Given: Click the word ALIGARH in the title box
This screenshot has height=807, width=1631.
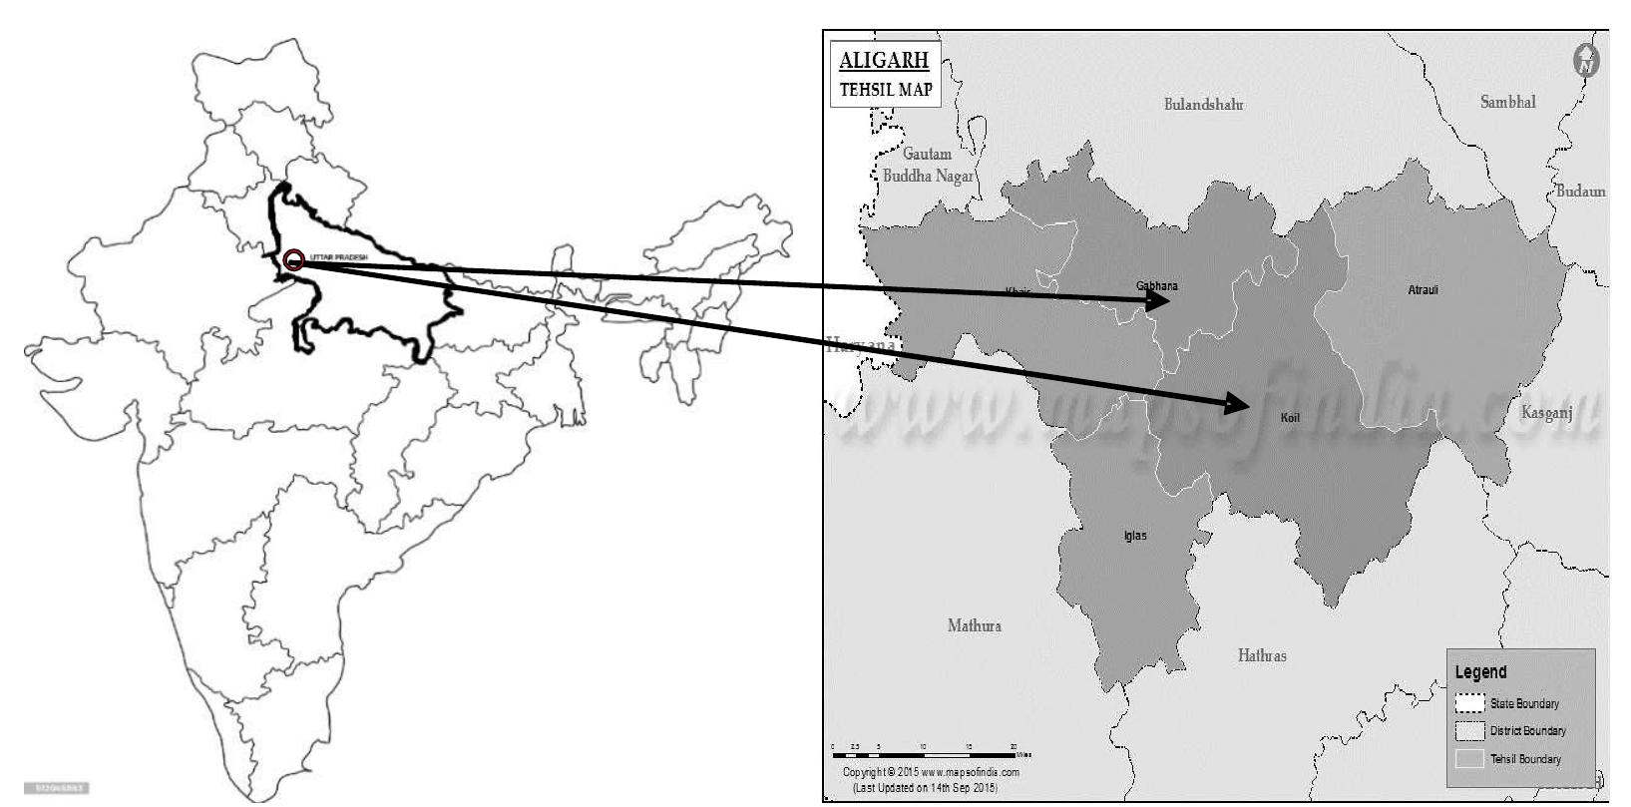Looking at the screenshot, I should [x=884, y=60].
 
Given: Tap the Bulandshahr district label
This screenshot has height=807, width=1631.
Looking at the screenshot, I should [x=1203, y=104].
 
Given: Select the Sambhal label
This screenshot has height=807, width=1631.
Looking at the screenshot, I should [x=1507, y=102].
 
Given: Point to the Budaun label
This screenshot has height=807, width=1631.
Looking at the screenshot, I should [x=1581, y=191].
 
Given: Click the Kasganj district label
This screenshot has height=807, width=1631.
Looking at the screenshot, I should [x=1546, y=412].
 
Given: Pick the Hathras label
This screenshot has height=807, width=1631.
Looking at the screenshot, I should [x=1262, y=655].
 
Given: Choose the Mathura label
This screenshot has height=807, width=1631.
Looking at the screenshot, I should [x=974, y=625].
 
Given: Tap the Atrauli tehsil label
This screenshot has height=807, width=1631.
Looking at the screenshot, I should [x=1423, y=290].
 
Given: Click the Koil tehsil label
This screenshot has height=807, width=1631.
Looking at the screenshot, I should [x=1290, y=418].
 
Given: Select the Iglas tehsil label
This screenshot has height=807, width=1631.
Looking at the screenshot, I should [x=1135, y=536].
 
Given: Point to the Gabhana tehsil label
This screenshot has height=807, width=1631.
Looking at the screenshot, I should [x=1156, y=286].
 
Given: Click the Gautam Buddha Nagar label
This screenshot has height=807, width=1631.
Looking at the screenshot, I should [x=928, y=165].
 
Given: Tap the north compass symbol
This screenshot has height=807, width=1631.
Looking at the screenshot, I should [x=1585, y=61].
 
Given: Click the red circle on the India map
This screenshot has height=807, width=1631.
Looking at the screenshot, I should [x=293, y=260].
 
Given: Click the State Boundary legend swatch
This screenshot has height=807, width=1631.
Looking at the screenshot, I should [x=1469, y=703].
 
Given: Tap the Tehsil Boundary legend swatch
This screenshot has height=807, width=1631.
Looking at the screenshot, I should [x=1469, y=759].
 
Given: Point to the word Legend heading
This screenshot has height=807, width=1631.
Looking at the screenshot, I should [x=1480, y=672].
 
